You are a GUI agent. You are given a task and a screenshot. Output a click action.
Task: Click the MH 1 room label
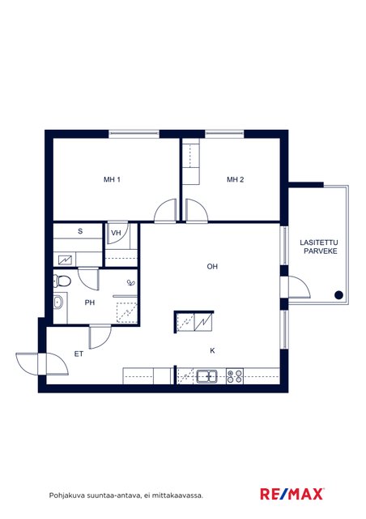pyautogui.click(x=112, y=180)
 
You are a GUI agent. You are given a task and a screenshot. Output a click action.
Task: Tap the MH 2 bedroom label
pyautogui.click(x=236, y=180)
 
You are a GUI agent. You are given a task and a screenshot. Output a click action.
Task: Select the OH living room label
pyautogui.click(x=212, y=267)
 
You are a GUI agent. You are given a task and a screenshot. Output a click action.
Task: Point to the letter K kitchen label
pyautogui.click(x=213, y=350)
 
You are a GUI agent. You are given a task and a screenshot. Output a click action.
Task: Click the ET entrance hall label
pyautogui.click(x=79, y=354)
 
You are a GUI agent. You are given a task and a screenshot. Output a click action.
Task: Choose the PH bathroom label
pyautogui.click(x=90, y=302)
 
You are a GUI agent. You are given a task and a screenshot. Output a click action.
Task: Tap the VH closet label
pyautogui.click(x=116, y=233)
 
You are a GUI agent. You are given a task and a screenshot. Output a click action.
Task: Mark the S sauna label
pyautogui.click(x=80, y=231)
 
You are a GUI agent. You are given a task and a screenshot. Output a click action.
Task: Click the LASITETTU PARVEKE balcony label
pyautogui.click(x=320, y=247)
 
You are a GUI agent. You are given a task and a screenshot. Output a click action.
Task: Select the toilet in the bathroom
pyautogui.click(x=62, y=281)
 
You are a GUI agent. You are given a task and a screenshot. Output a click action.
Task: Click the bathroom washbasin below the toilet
pyautogui.click(x=58, y=302)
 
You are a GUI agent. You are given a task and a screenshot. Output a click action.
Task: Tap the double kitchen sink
pyautogui.click(x=207, y=376)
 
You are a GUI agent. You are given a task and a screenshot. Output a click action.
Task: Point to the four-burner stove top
pyautogui.click(x=235, y=376)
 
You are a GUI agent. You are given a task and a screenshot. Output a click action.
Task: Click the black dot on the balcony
pyautogui.click(x=338, y=295)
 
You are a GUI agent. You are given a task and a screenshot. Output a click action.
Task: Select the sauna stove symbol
pyautogui.click(x=65, y=259)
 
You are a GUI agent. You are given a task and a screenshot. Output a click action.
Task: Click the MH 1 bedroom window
pyautogui.click(x=134, y=134)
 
